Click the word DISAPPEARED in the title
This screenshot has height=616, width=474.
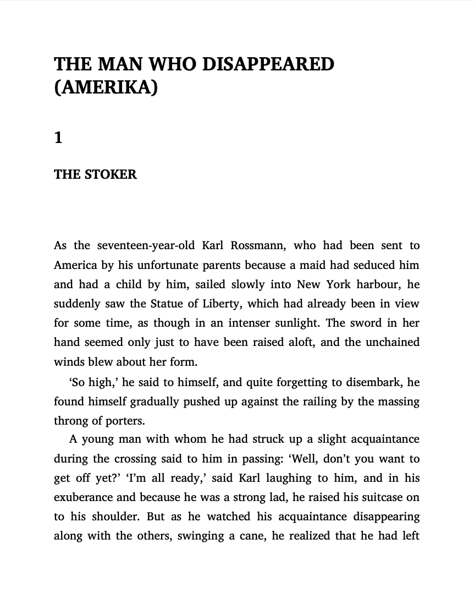click(268, 64)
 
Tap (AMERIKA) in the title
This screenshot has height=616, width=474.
click(106, 87)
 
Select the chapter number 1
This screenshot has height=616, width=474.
click(58, 137)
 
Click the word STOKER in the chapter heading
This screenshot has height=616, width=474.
click(111, 174)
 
